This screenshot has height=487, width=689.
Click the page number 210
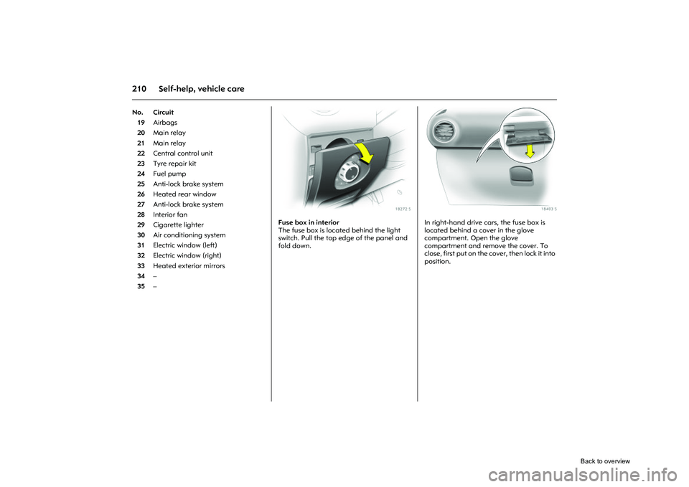point(139,89)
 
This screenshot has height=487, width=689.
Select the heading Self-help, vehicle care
point(201,89)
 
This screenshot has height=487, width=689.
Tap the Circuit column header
point(163,113)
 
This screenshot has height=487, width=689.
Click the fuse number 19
point(141,123)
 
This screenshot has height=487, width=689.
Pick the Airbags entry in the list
point(165,123)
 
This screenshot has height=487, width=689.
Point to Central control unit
point(183,153)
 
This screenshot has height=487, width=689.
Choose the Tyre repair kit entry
point(174,164)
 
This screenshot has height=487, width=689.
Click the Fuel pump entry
point(169,174)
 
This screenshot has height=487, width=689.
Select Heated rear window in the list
point(184,194)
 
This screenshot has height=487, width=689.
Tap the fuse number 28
point(141,214)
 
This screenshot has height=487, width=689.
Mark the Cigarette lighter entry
point(178,224)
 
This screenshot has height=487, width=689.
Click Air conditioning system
point(189,235)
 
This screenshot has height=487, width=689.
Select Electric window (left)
point(185,245)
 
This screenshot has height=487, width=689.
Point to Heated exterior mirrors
point(189,265)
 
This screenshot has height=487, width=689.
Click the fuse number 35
point(141,286)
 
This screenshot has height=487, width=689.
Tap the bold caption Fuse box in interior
point(309,222)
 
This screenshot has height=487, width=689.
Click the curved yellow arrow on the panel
point(365,152)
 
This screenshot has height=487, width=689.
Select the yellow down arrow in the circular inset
point(530,151)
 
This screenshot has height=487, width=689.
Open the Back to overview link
point(605,461)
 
